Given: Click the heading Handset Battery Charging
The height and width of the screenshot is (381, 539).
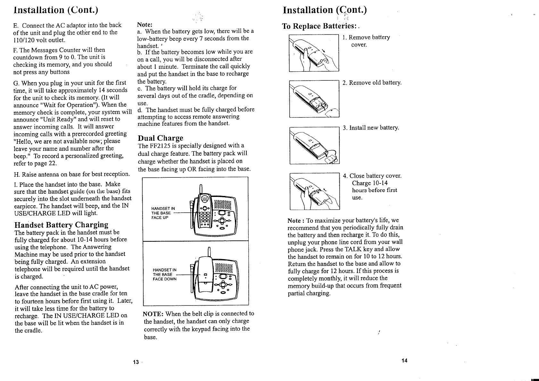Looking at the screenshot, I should pos(62,224).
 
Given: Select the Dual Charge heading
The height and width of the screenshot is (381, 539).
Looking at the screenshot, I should pos(160,138).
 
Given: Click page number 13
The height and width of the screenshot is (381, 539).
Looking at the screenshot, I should pos(136,362).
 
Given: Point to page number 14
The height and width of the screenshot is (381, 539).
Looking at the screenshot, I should pos(404,361).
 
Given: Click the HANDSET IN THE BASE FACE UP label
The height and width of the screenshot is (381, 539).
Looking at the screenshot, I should pos(163,213).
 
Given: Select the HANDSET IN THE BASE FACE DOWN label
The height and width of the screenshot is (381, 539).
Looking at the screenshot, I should pos(165,274).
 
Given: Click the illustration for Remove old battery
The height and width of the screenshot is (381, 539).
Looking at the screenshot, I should pos(314,99).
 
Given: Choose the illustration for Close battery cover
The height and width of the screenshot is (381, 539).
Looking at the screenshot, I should pos(314,191).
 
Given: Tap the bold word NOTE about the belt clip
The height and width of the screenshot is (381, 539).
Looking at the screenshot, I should pos(153,314).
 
